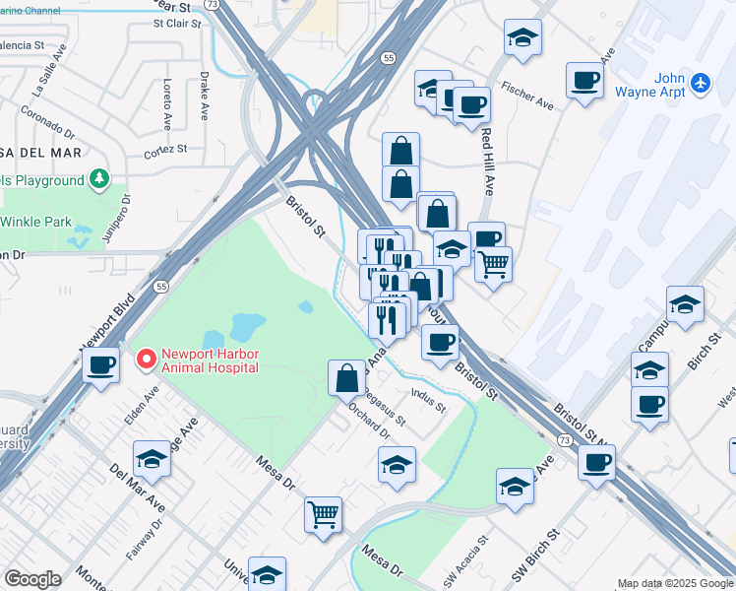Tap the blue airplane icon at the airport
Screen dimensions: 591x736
click(x=700, y=82)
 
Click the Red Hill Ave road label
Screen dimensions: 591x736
click(x=486, y=150)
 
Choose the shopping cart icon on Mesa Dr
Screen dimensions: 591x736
click(x=324, y=513)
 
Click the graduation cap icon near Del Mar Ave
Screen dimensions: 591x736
click(x=152, y=459)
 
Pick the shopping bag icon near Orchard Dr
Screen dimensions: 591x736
click(x=347, y=376)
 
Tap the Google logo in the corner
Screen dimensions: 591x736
click(x=32, y=578)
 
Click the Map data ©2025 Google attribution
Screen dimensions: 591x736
click(x=675, y=584)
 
